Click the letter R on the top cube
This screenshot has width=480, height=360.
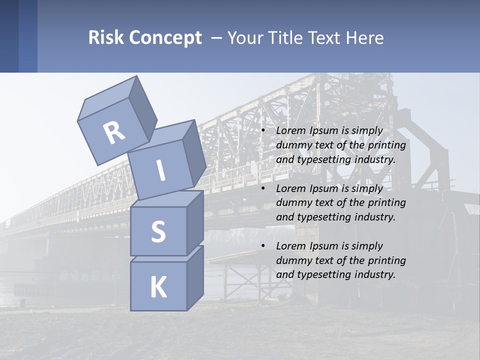pyautogui.click(x=114, y=132)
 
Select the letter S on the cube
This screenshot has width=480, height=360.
pyautogui.click(x=158, y=232)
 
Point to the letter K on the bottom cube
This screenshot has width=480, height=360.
pyautogui.click(x=158, y=287)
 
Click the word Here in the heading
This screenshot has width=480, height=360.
pyautogui.click(x=364, y=38)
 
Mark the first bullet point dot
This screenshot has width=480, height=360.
pyautogui.click(x=263, y=131)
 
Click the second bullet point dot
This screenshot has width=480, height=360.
pyautogui.click(x=263, y=188)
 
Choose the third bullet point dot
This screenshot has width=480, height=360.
pyautogui.click(x=263, y=246)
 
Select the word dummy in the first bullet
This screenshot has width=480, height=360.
pyautogui.click(x=291, y=145)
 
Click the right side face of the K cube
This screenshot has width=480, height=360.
pyautogui.click(x=195, y=277)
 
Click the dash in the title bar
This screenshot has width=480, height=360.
pyautogui.click(x=216, y=38)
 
